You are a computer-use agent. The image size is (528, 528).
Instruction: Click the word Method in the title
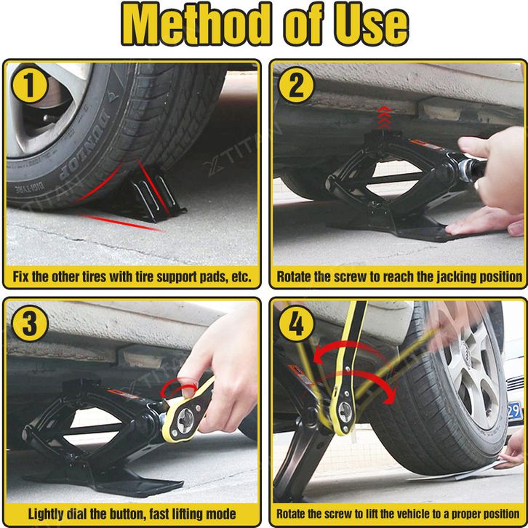click(x=196, y=24)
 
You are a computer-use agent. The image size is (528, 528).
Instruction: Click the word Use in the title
click(x=372, y=26)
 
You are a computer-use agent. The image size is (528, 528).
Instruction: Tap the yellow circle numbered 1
click(x=30, y=84)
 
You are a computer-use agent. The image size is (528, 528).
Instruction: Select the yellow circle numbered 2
click(x=296, y=85)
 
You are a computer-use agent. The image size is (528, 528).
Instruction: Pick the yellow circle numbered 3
click(x=30, y=323)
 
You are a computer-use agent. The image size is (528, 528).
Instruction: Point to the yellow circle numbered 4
click(x=296, y=323)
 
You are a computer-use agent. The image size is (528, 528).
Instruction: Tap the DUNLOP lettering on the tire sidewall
click(x=85, y=145)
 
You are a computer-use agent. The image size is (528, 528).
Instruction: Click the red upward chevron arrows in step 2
click(x=384, y=118)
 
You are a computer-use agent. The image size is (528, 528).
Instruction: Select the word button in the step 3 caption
click(x=127, y=514)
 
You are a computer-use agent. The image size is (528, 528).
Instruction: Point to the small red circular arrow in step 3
click(x=178, y=387)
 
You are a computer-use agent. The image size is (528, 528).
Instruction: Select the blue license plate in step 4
click(x=514, y=411)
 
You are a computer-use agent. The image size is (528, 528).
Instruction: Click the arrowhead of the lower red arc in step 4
click(x=391, y=396)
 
